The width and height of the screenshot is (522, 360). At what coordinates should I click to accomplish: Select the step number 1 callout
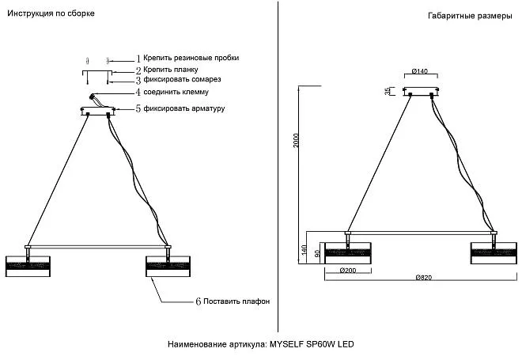tap(138, 59)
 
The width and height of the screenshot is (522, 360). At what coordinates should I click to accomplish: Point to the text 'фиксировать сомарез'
tap(182, 80)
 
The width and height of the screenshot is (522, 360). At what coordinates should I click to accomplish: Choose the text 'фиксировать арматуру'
tap(185, 108)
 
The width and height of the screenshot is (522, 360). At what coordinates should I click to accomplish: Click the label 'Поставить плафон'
tap(236, 301)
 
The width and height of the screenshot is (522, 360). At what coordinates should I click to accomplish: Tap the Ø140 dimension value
tap(420, 71)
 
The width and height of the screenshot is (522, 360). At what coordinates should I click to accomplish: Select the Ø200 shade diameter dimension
tap(347, 270)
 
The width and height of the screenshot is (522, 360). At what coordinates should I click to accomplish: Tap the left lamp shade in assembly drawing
tap(28, 266)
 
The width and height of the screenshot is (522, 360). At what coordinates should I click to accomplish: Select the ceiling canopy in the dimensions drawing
tap(420, 92)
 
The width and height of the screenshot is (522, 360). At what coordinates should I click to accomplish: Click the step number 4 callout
tap(138, 92)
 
